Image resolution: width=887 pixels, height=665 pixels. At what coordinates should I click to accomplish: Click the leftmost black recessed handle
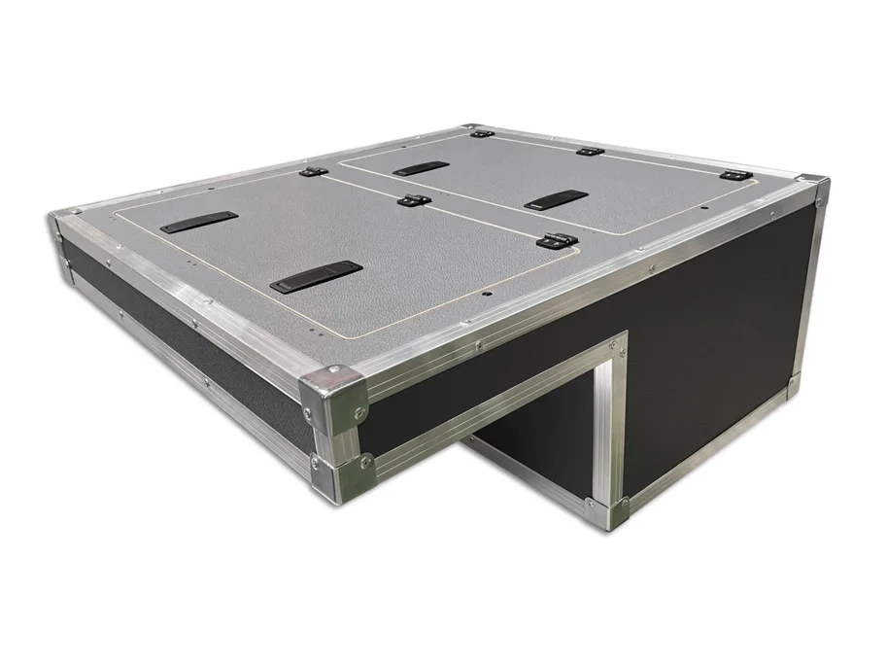click(199, 222)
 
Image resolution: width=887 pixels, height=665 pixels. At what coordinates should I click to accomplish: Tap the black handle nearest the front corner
click(316, 276)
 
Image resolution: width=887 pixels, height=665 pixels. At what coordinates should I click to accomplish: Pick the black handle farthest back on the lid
click(421, 167)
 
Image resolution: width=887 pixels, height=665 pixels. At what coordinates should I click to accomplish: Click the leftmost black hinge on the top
click(312, 172)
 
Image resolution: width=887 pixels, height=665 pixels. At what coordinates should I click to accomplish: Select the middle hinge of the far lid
click(586, 152)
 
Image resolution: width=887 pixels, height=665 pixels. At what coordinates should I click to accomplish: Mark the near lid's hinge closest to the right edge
click(556, 238)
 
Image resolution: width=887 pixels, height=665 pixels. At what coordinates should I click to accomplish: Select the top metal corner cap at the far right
click(812, 191)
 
